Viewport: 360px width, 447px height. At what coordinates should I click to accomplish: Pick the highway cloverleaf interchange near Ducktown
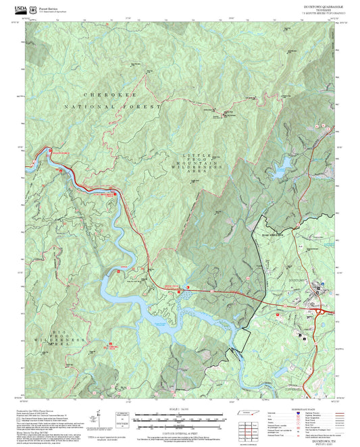pyautogui.click(x=279, y=312)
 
